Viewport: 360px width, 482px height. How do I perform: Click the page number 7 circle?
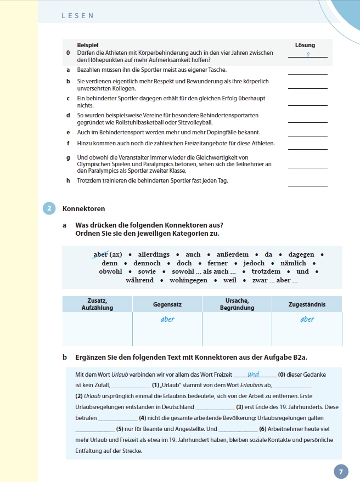[x=341, y=472]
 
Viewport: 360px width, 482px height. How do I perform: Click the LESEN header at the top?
[x=77, y=16]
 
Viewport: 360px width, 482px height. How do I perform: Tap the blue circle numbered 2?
[x=49, y=208]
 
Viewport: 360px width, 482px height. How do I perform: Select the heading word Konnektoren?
[x=84, y=209]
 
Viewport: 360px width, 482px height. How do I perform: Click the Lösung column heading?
[x=305, y=45]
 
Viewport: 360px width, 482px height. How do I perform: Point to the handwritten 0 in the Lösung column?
[x=308, y=54]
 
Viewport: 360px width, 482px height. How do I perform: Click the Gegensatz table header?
[x=167, y=304]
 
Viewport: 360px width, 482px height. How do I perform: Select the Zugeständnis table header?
[x=306, y=304]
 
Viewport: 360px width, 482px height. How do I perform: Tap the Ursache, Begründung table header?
[x=237, y=304]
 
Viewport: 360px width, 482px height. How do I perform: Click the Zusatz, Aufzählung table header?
[x=97, y=304]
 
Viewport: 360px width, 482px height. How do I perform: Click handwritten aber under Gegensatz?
[x=167, y=319]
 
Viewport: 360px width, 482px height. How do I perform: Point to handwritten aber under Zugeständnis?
[x=307, y=319]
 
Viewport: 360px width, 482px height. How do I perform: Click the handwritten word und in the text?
[x=254, y=375]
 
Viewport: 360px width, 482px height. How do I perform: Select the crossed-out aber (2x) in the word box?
[x=108, y=254]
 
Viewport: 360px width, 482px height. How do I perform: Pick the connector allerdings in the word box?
[x=154, y=254]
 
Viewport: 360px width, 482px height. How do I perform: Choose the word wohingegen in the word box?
[x=188, y=280]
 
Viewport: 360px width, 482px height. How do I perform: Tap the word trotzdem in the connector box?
[x=266, y=271]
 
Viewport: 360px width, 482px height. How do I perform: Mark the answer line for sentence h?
[x=307, y=185]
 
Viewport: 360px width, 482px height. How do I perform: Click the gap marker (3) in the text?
[x=239, y=407]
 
